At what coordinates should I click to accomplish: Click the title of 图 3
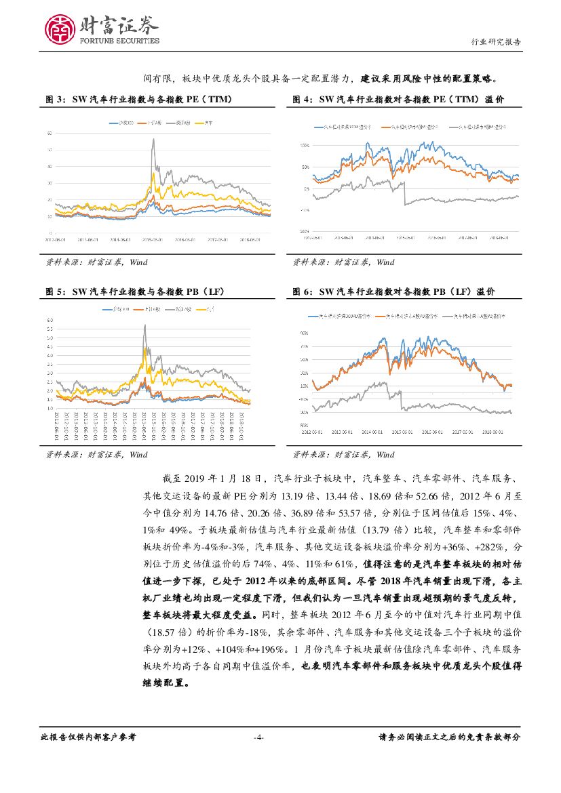139,100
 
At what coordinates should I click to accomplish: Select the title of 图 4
398,100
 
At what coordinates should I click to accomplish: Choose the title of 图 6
393,291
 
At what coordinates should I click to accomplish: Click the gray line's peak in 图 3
153,140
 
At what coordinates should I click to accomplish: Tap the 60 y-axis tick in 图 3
49,134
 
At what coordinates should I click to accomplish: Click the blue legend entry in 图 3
119,123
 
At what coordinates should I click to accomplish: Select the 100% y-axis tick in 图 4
304,146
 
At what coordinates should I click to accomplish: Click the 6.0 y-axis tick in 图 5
50,319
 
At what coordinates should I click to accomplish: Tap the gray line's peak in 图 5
144,326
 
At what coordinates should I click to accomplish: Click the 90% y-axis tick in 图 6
305,333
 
